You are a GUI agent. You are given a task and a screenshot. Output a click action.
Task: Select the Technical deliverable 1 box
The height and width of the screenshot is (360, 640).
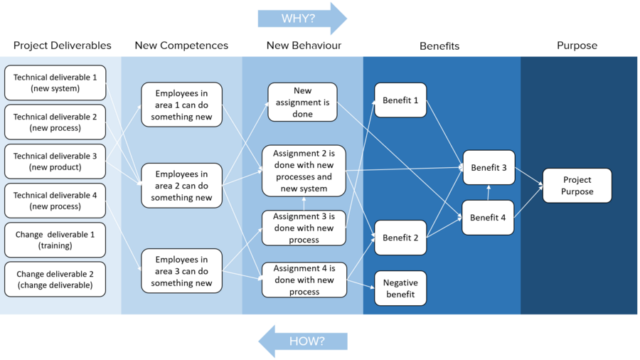point(55,83)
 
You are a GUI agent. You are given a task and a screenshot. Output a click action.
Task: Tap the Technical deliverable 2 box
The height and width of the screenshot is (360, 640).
point(55,122)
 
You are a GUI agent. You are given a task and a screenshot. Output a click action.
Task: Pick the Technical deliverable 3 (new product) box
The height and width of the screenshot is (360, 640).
point(55,162)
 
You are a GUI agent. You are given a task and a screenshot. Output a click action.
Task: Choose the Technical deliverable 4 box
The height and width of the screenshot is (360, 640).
point(55,200)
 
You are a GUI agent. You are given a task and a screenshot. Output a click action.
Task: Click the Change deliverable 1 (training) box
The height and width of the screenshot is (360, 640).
point(55,240)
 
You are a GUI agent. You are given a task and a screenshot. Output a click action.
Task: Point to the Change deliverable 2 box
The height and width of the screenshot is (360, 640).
point(55,279)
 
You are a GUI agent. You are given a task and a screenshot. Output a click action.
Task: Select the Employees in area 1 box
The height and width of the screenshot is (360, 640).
point(181,105)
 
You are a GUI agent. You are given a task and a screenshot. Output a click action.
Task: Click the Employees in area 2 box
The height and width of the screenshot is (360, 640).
point(181,185)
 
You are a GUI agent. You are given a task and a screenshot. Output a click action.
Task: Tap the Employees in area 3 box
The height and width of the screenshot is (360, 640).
point(181,271)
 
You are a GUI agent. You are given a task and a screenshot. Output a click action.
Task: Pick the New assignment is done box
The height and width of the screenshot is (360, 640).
point(302,102)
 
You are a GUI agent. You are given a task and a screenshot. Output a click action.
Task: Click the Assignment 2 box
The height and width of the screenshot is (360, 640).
point(304,171)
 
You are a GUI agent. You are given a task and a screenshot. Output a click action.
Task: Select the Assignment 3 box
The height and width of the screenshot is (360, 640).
point(304,228)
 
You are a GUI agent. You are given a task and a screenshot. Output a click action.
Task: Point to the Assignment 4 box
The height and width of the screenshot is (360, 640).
point(304,280)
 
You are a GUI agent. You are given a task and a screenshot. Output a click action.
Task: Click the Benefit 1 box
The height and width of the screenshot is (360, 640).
point(400,100)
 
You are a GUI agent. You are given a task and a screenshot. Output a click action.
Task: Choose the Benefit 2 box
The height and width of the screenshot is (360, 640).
point(400,238)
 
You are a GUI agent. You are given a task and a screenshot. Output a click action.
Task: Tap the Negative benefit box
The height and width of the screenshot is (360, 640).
point(400,288)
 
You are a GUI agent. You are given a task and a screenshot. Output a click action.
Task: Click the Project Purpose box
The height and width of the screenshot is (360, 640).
point(577,186)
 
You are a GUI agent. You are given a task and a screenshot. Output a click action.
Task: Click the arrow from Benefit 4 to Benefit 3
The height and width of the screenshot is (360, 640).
point(489,192)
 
